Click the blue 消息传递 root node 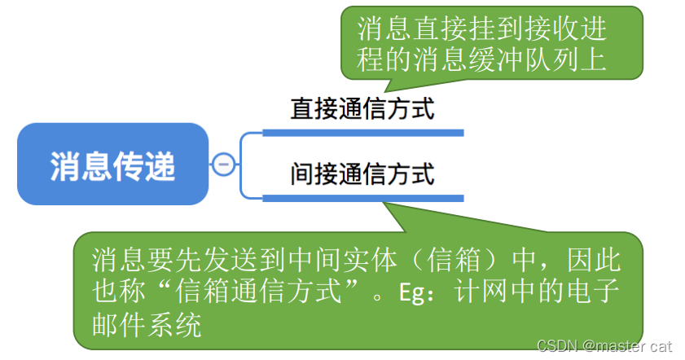[x=112, y=165]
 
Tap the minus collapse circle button [x=222, y=165]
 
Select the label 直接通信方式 [x=362, y=110]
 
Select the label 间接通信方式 [x=362, y=173]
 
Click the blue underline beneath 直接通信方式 [x=362, y=132]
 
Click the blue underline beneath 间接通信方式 [x=362, y=196]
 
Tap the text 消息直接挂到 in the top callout [x=432, y=30]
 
